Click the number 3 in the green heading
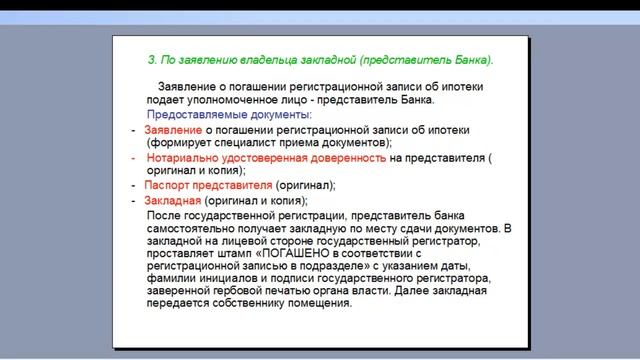click(151, 60)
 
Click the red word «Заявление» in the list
click(173, 130)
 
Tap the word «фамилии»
click(172, 279)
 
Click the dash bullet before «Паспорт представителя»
click(134, 186)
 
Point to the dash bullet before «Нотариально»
click(134, 158)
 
